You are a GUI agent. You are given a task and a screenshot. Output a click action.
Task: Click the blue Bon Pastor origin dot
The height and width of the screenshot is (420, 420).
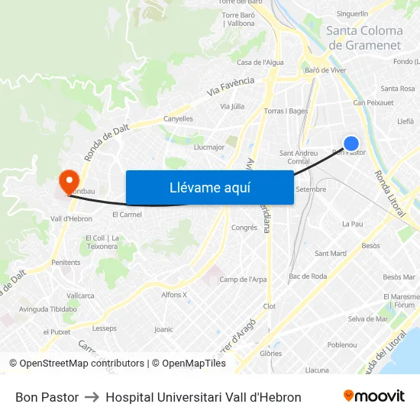pyautogui.click(x=351, y=143)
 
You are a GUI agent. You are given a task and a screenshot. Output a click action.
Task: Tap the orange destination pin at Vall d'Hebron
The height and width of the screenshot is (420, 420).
pyautogui.click(x=68, y=180)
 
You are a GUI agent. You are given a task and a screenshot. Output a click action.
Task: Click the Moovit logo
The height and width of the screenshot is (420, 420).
pyautogui.click(x=373, y=396)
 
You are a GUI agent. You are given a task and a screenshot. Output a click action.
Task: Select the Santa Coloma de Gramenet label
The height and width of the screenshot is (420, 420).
pyautogui.click(x=364, y=37)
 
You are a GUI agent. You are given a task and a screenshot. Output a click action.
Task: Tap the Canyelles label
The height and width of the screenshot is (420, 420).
pyautogui.click(x=178, y=119)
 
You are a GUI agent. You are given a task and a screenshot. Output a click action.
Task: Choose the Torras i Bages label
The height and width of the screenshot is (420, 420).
pyautogui.click(x=286, y=111)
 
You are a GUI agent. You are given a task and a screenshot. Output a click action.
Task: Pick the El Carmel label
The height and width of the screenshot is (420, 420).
pyautogui.click(x=127, y=215)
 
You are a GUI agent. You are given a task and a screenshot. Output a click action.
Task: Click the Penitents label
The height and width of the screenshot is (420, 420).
pyautogui.click(x=66, y=262)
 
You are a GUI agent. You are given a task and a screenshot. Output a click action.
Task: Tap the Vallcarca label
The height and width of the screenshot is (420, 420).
pyautogui.click(x=80, y=295)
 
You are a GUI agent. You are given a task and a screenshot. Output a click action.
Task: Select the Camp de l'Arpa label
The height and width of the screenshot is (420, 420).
pyautogui.click(x=243, y=279)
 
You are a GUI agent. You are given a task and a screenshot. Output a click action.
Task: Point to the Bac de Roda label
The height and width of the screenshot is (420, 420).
pyautogui.click(x=308, y=276)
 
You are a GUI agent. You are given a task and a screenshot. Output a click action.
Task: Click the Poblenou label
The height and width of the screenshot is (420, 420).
pyautogui.click(x=341, y=344)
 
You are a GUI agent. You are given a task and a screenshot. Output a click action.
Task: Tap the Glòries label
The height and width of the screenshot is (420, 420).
pyautogui.click(x=270, y=354)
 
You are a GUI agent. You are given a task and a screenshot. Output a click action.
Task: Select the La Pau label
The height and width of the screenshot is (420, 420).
pyautogui.click(x=352, y=224)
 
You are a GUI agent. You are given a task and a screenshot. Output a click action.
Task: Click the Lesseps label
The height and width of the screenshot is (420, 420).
pyautogui.click(x=104, y=328)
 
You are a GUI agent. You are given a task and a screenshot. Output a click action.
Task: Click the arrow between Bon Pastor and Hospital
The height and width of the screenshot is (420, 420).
pyautogui.click(x=92, y=397)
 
